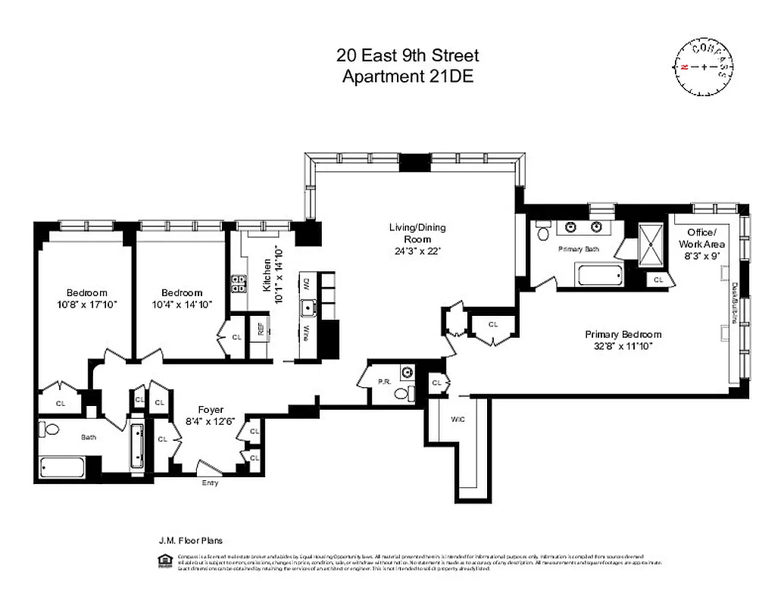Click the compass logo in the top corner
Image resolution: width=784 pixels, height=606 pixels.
[x=704, y=67]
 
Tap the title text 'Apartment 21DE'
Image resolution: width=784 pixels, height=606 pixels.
[x=408, y=76]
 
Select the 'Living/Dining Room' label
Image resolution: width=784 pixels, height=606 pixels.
[x=417, y=233]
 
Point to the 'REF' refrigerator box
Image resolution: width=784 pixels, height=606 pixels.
[x=261, y=329]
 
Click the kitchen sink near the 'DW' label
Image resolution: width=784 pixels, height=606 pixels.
[x=308, y=308]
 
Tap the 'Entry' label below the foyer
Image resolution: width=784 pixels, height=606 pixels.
[x=211, y=483]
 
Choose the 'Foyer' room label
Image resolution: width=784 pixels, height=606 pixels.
[x=211, y=409]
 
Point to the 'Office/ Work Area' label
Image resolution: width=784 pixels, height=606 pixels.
[x=706, y=238]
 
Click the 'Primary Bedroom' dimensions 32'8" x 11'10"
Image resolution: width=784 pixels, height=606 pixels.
[x=623, y=345]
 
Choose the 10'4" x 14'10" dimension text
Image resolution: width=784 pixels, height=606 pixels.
[x=182, y=304]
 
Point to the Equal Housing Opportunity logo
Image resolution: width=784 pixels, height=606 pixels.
[x=162, y=561]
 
